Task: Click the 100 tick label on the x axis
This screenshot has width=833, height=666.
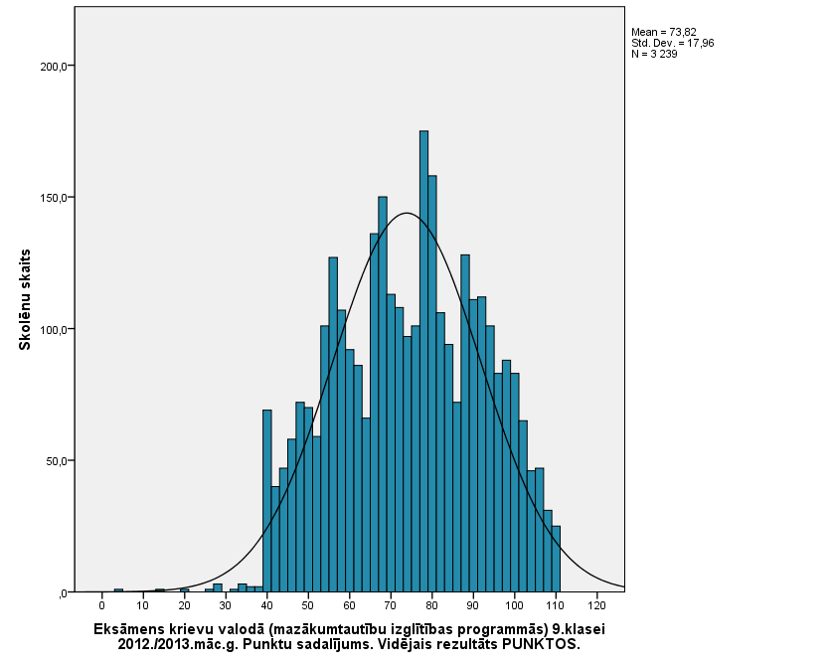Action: click(x=514, y=604)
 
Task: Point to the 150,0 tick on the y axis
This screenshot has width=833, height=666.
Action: click(x=52, y=198)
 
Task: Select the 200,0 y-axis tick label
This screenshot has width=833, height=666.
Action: click(x=52, y=67)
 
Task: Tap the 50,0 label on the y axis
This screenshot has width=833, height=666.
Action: click(x=54, y=461)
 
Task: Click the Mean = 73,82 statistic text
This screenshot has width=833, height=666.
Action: click(x=665, y=33)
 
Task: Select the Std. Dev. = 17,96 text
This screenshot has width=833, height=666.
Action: click(x=672, y=44)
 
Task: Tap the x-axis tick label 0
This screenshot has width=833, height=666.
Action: click(x=101, y=604)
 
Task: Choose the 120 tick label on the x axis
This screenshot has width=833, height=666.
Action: click(x=596, y=604)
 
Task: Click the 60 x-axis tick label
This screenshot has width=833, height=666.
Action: click(x=349, y=604)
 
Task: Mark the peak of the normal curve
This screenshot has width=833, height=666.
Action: click(x=407, y=214)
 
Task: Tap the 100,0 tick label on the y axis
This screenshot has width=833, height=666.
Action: click(x=52, y=330)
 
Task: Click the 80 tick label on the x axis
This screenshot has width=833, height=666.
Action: click(x=431, y=604)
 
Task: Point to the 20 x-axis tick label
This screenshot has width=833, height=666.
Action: click(x=184, y=604)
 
